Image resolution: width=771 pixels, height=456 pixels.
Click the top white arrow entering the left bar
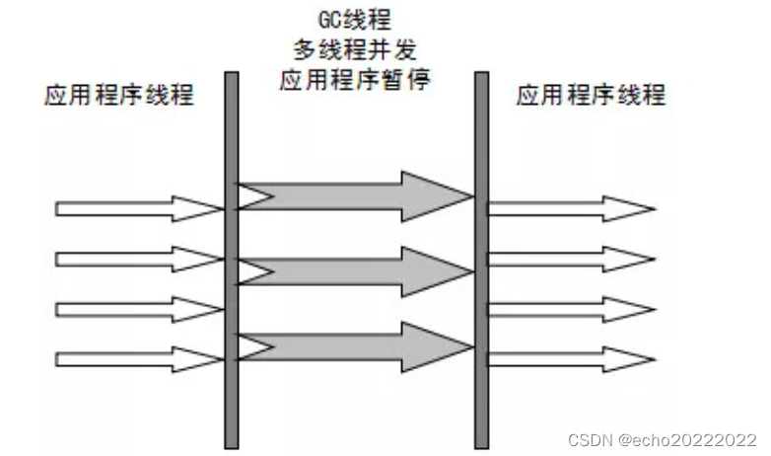(x=138, y=208)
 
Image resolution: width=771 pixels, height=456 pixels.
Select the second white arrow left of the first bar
(x=138, y=259)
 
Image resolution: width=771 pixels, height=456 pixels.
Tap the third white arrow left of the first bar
(x=138, y=308)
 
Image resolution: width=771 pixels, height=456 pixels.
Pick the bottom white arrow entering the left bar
(x=138, y=357)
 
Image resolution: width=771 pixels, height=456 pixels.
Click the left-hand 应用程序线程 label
(x=119, y=96)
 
